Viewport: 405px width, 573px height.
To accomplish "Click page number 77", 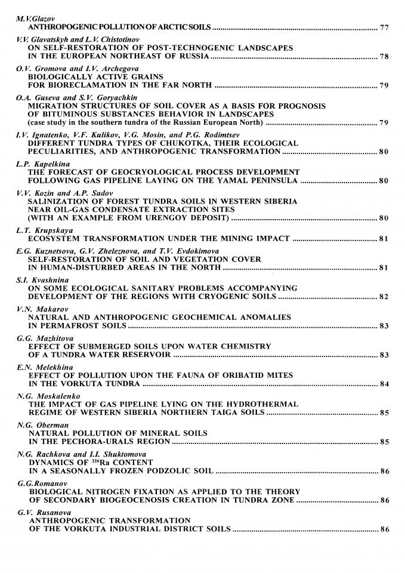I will [x=385, y=27].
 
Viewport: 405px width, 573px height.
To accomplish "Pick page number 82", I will [x=385, y=297].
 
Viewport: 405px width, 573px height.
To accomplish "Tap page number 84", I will [x=385, y=384].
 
